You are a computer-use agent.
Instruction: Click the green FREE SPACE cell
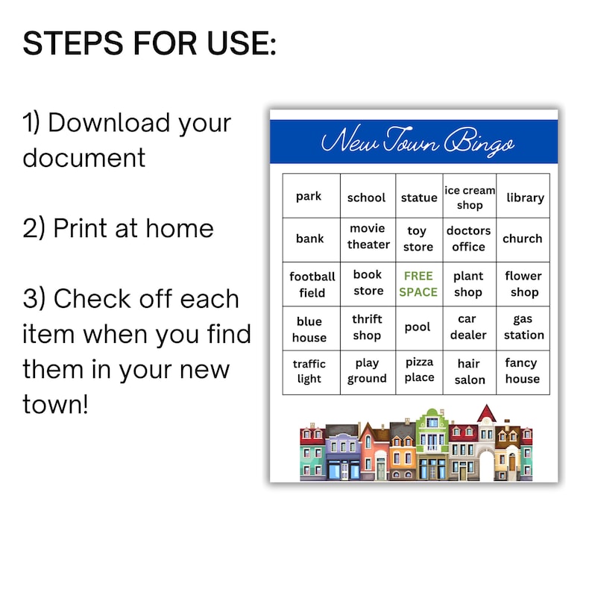[x=418, y=284]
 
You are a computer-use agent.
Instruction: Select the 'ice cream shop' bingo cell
[x=470, y=198]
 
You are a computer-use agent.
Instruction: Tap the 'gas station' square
[x=523, y=327]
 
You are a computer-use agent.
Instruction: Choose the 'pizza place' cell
[x=419, y=370]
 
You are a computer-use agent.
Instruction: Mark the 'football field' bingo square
[x=312, y=284]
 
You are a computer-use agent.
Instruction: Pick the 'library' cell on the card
[x=525, y=198]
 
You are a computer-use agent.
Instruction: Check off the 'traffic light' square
[x=309, y=371]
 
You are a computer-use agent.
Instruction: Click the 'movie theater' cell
[x=368, y=236]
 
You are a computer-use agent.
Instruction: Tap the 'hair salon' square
[x=470, y=371]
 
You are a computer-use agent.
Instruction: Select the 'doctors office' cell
[x=468, y=239]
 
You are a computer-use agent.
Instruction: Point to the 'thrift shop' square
[x=367, y=327]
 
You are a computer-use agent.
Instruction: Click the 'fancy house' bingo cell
[x=522, y=371]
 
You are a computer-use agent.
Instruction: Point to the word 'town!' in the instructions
[x=55, y=405]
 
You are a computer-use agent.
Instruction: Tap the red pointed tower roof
[x=487, y=412]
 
